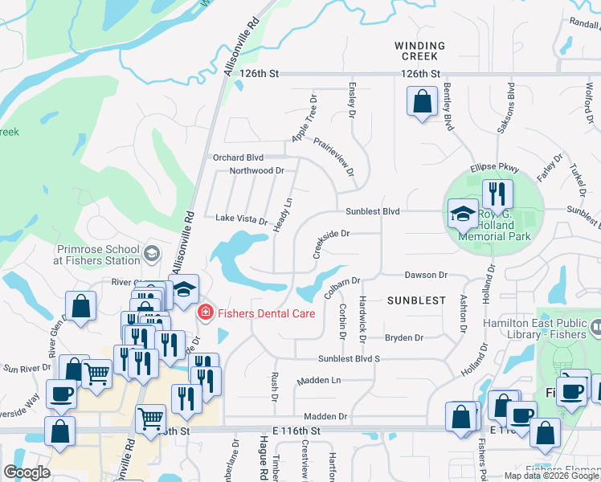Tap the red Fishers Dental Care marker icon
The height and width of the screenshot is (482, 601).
tap(206, 312)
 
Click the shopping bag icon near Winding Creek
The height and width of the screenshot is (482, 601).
tap(422, 103)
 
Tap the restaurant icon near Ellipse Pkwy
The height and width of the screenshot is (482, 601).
tap(497, 194)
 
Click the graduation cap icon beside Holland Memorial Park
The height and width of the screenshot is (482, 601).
tap(462, 214)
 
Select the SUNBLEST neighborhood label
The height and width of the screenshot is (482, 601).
tap(415, 300)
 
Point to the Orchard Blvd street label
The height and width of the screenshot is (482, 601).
tap(237, 157)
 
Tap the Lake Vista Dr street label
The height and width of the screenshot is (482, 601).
tap(241, 219)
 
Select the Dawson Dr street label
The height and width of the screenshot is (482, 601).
tap(425, 275)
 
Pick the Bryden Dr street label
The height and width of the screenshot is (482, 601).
tap(403, 338)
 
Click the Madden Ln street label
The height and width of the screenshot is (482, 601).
tap(319, 380)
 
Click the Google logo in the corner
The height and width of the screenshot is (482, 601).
tap(27, 472)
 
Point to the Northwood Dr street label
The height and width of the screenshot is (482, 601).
tap(256, 171)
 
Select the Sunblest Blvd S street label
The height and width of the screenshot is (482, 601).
tap(348, 358)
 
